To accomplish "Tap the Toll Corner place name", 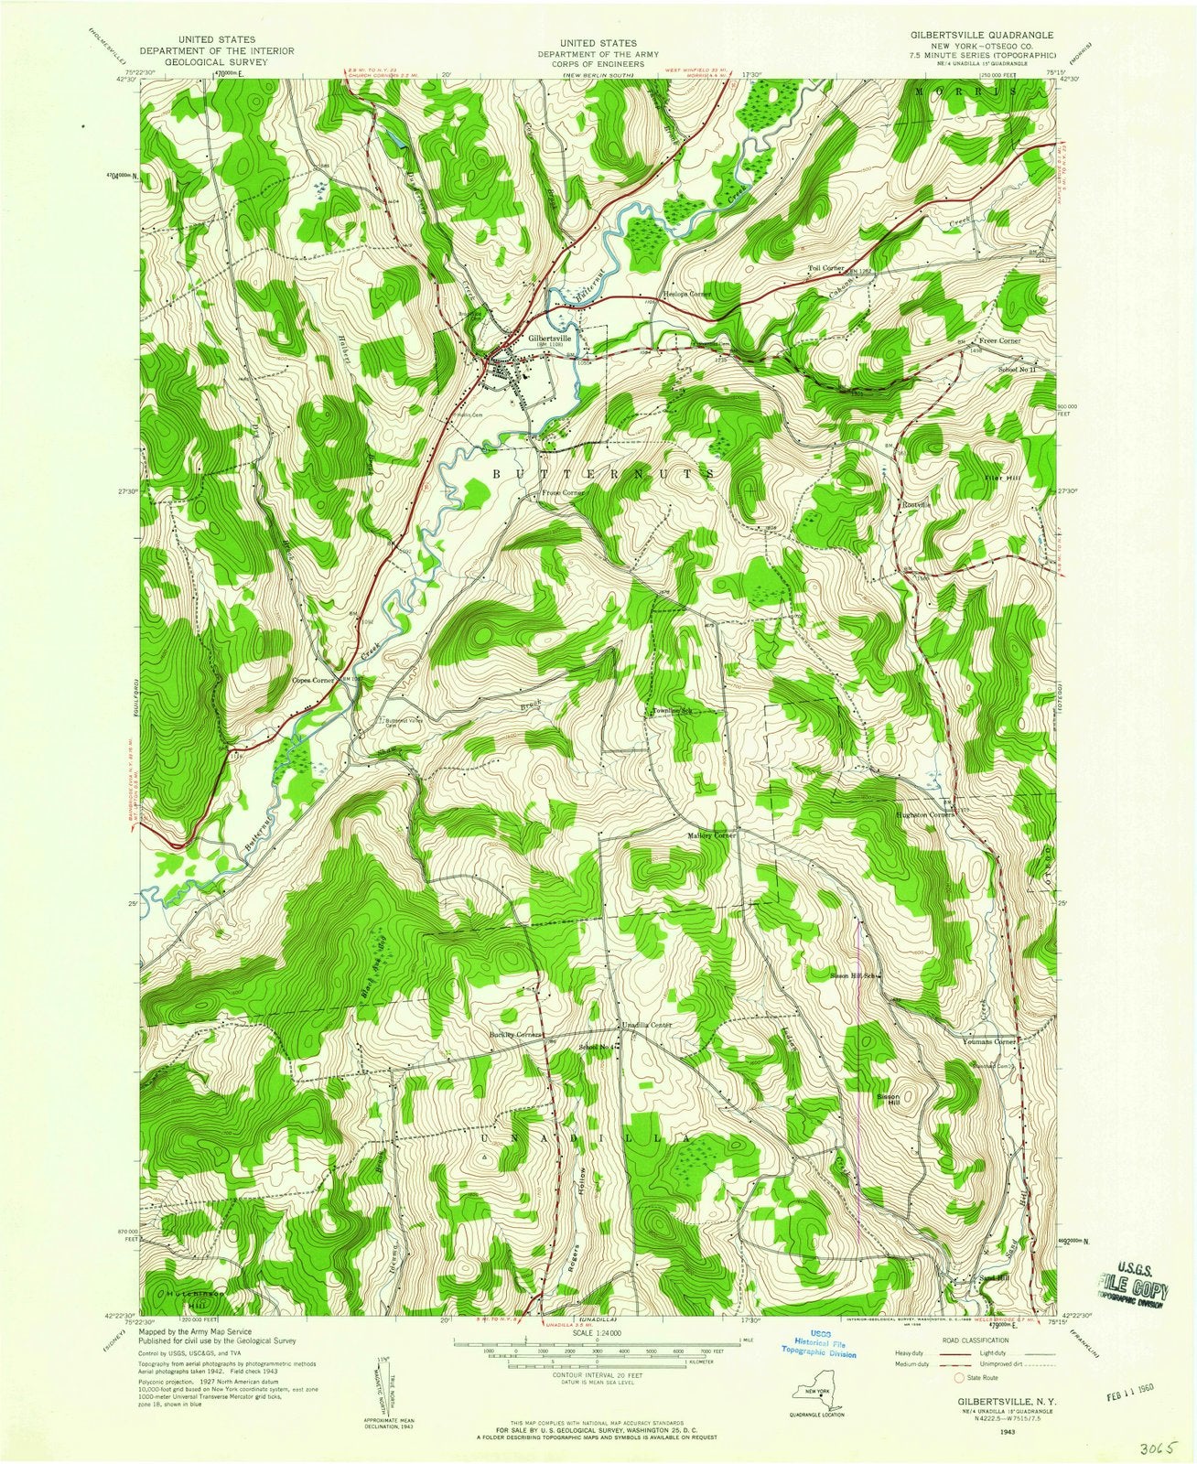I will [825, 268].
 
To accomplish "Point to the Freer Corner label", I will [997, 340].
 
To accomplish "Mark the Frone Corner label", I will [562, 492].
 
